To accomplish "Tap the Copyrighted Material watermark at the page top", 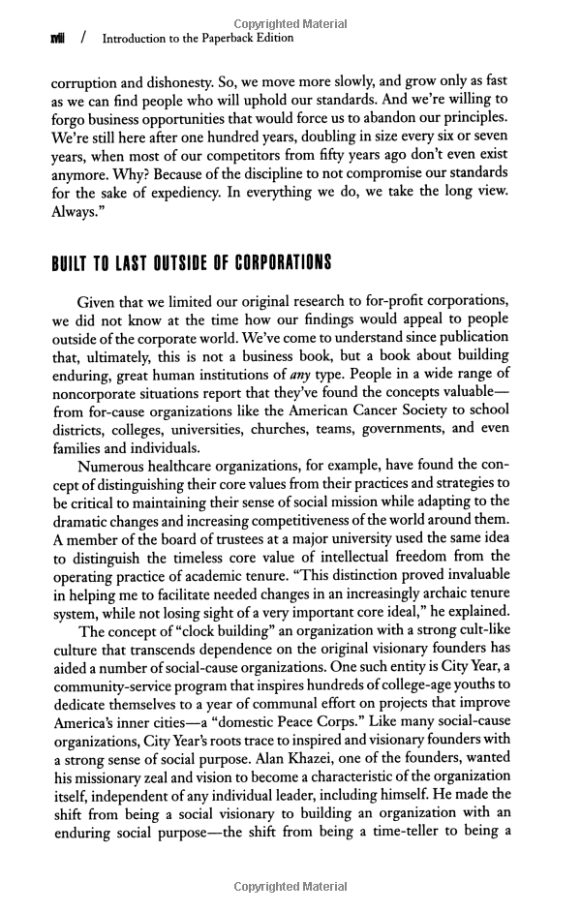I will tap(291, 22).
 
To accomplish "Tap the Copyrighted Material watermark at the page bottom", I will tap(291, 885).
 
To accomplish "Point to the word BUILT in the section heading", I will tap(76, 263).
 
